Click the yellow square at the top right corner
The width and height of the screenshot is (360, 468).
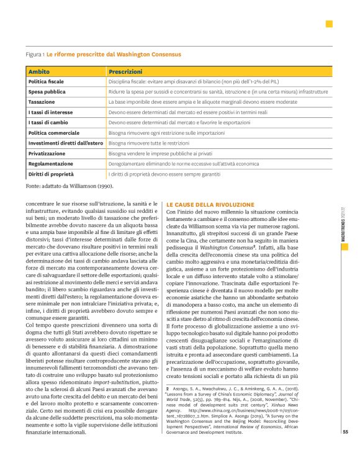click(329, 24)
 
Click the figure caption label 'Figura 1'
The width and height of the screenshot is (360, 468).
click(35, 55)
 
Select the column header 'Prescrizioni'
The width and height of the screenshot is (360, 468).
click(125, 73)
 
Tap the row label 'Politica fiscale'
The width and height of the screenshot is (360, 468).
click(47, 82)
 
